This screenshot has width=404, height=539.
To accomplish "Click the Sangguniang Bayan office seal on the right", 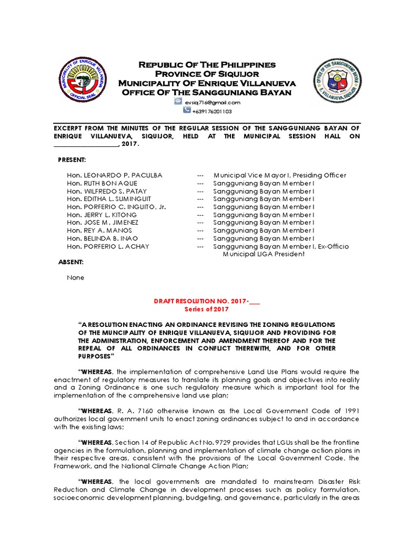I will coord(338,82).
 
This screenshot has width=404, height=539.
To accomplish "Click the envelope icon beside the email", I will coord(178,102).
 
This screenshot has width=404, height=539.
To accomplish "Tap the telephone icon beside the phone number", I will coord(187,111).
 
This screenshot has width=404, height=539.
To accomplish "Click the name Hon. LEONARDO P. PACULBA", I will coord(114,175).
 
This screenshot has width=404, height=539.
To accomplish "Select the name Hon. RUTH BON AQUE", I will coord(102,183).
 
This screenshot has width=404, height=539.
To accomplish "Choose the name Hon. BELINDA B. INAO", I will coord(103,238).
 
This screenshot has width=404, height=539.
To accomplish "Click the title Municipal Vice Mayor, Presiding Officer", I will coord(280,175).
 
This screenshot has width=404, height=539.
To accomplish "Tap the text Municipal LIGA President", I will coord(264,254).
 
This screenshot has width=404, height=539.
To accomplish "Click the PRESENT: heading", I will coord(72,159).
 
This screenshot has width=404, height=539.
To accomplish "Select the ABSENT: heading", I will coord(70,262).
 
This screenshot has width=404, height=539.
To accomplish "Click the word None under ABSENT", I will coord(75,277).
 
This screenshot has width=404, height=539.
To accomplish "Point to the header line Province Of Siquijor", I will coord(207,74).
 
